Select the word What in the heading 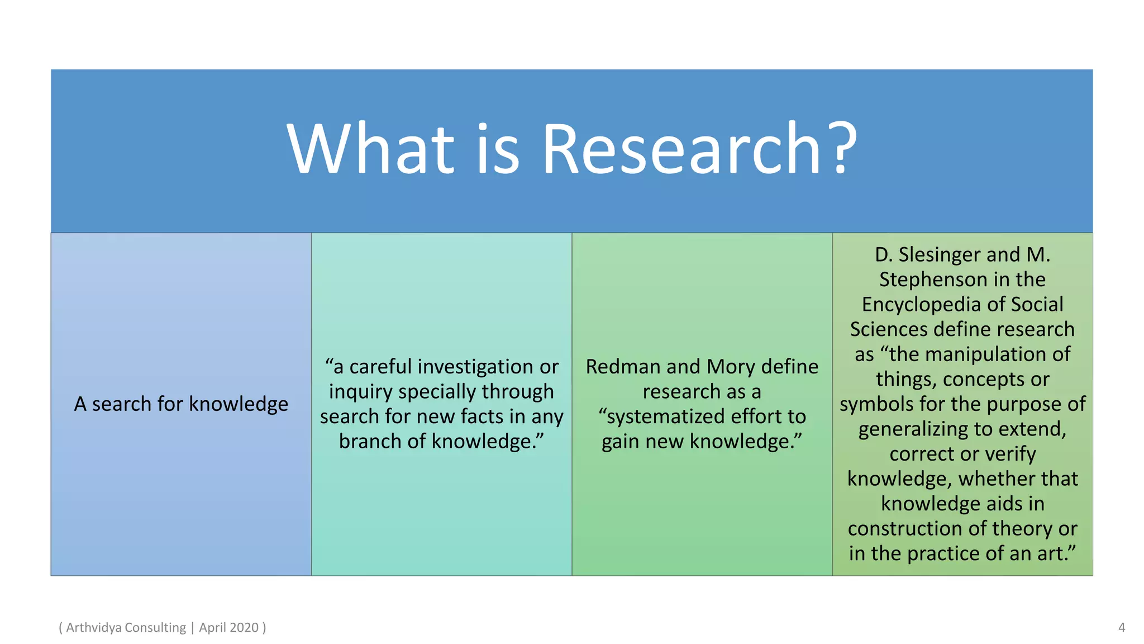371,150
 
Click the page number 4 1121,627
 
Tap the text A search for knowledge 181,404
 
